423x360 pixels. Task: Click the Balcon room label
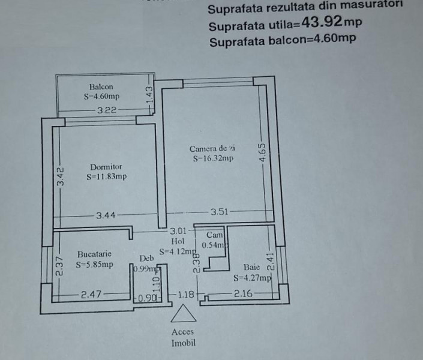101,86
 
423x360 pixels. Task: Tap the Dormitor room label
106,167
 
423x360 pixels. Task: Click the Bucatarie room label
94,254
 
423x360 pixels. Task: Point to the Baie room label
251,267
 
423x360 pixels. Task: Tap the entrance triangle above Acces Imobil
182,315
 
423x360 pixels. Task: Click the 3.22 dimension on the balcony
107,110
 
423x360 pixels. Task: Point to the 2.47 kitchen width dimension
92,294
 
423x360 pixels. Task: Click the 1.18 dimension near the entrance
187,294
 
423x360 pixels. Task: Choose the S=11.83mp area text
106,176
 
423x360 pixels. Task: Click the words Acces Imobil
182,338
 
